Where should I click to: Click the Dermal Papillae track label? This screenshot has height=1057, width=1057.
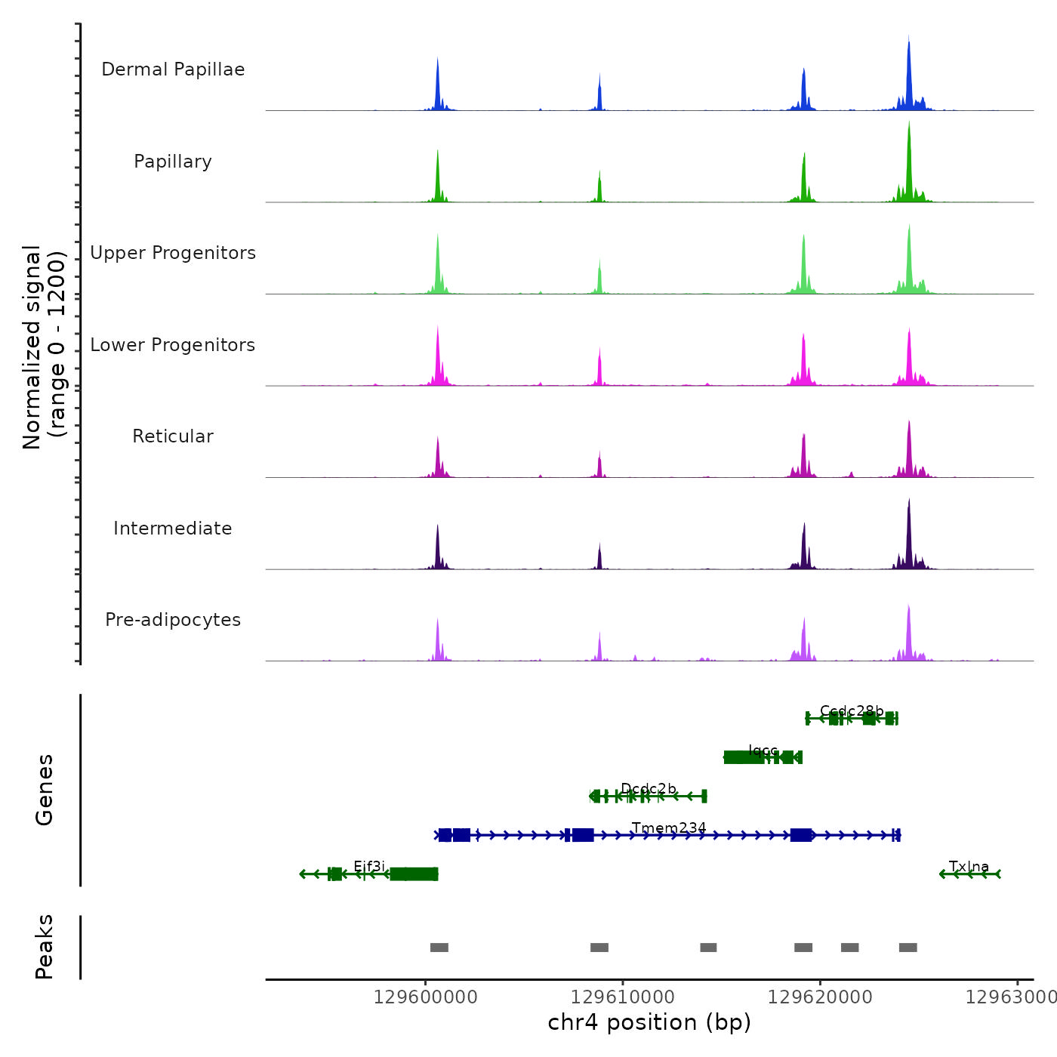173,69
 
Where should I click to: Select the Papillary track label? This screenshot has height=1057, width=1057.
173,162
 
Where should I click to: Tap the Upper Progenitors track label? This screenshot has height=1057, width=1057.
173,253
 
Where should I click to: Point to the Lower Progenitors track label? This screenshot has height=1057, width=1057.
173,345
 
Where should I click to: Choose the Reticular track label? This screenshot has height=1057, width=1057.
173,436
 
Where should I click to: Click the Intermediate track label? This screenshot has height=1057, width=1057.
173,528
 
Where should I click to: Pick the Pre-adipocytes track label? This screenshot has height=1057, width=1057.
173,620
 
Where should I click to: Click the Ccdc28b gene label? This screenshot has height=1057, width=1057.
852,711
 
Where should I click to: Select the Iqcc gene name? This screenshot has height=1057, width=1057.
763,750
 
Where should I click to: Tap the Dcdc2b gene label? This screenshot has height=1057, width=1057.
649,789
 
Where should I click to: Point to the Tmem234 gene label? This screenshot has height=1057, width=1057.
669,828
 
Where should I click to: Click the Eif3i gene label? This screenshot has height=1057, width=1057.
369,867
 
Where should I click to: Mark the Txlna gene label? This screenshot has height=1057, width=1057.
969,867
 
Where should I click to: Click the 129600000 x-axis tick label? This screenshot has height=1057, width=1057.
426,997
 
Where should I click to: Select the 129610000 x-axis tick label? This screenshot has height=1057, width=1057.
623,997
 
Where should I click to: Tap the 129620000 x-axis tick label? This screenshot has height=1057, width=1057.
820,997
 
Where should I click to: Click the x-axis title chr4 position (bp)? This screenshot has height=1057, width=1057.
649,1022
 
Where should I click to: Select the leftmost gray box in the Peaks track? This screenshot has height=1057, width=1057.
439,948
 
